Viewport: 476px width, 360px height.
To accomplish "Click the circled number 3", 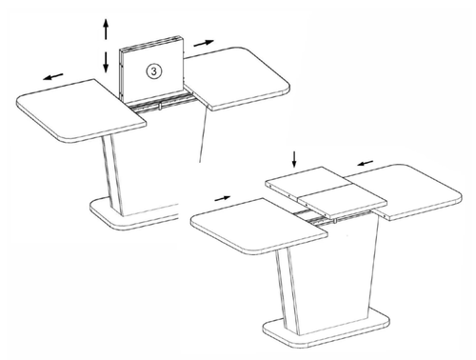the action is tap(154, 71).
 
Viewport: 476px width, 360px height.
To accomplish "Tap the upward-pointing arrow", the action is tap(106, 29).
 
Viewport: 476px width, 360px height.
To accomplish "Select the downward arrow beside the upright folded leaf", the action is tap(106, 62).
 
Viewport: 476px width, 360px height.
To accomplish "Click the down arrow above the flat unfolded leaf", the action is tap(294, 159).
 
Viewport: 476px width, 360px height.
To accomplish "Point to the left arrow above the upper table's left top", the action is tap(53, 76).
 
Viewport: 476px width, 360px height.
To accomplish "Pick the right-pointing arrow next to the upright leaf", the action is tap(204, 43).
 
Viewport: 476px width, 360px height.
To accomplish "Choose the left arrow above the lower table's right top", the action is tap(366, 163).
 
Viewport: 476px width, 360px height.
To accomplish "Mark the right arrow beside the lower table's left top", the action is tap(223, 198).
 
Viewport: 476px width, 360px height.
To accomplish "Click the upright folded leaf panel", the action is tap(151, 70).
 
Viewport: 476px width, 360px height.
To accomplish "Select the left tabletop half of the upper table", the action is tap(81, 111).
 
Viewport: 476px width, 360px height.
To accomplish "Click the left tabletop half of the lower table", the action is tap(259, 226).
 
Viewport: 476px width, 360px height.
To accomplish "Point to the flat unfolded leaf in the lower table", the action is tap(326, 191).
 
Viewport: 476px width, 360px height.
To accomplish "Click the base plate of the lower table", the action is tap(327, 330).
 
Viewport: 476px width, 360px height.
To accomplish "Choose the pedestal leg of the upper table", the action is tap(112, 176).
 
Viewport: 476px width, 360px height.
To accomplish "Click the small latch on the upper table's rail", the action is tap(160, 106).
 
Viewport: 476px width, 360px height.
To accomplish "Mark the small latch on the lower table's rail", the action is tap(334, 221).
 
